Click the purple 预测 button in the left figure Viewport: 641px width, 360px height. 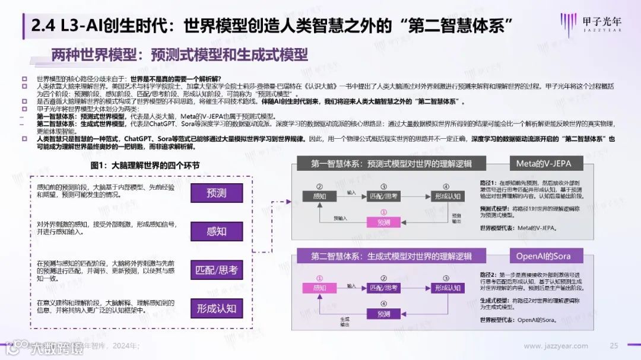pos(217,193)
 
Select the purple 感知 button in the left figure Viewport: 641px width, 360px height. pos(217,231)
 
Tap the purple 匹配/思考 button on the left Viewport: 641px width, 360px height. pos(217,270)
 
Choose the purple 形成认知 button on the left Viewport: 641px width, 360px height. pos(217,308)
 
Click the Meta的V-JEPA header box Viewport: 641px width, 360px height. pos(545,164)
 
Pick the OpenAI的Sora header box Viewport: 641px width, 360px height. pos(545,256)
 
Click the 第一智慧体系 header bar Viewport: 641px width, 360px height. pos(391,164)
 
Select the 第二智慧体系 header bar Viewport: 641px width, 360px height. pos(391,256)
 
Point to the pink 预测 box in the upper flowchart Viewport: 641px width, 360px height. pos(383,222)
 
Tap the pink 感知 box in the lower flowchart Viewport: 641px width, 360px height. pos(319,288)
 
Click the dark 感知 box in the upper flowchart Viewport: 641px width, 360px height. pos(319,195)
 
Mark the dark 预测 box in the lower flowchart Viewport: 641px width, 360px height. pos(383,314)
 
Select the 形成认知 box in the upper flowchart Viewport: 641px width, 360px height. pos(447,195)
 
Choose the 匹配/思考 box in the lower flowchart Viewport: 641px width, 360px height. pos(383,288)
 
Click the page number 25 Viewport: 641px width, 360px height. pos(614,346)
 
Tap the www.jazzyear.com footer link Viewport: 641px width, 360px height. pos(556,346)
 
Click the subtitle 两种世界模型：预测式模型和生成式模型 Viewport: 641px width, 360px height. pos(179,55)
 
